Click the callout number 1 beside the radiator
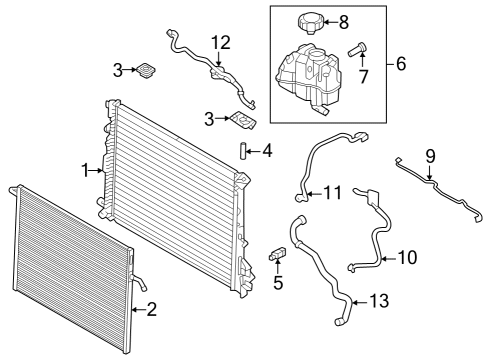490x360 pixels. (x=86, y=170)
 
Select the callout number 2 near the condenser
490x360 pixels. (x=151, y=309)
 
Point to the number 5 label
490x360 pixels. (x=279, y=283)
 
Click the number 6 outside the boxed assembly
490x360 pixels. (x=401, y=65)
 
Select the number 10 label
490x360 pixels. (x=407, y=257)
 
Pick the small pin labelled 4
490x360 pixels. (x=242, y=151)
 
